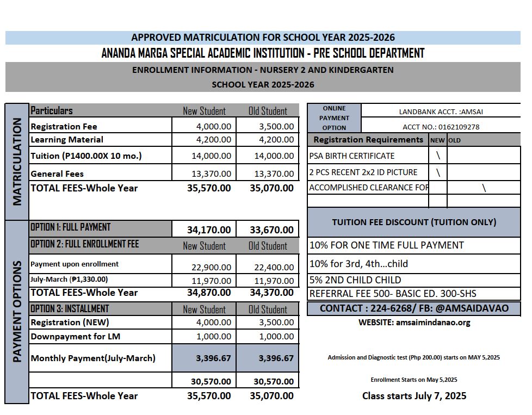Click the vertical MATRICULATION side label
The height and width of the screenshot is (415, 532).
(17, 162)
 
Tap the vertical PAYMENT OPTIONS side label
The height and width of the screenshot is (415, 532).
(17, 311)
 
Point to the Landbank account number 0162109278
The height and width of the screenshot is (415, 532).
(441, 127)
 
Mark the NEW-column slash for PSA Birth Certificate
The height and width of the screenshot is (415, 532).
(438, 156)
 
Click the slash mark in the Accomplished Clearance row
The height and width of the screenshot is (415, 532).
(484, 188)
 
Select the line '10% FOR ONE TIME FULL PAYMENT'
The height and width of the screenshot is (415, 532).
(386, 245)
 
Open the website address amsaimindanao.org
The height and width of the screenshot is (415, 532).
(415, 322)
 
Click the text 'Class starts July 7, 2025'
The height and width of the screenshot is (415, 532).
(414, 396)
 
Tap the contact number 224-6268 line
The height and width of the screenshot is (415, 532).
(414, 308)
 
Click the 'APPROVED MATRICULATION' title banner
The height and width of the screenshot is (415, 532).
(263, 38)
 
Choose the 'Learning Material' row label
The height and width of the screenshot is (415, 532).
(67, 140)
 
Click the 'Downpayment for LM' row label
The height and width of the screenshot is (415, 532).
(76, 336)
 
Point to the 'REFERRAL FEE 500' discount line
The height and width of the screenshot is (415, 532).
(393, 294)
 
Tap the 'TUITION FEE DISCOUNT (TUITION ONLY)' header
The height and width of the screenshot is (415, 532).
(414, 222)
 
